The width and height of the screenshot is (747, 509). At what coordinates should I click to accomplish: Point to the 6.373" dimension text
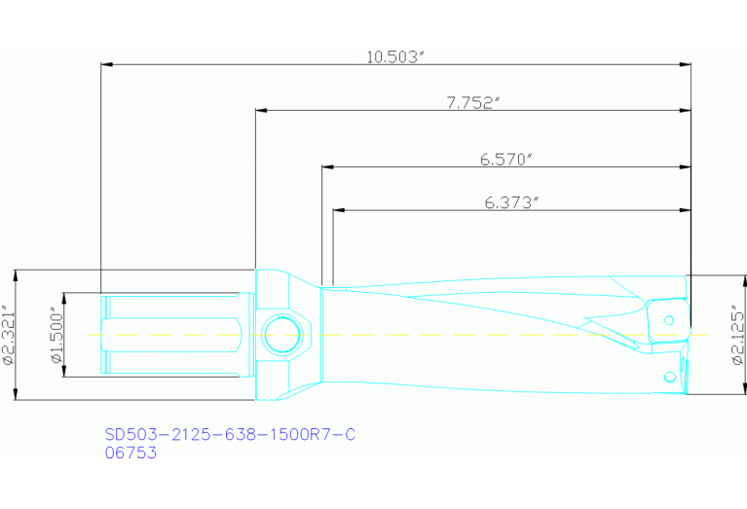click(x=511, y=202)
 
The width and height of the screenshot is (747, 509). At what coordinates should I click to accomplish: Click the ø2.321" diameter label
click(x=9, y=333)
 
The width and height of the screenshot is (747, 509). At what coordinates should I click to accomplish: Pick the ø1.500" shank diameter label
click(x=56, y=334)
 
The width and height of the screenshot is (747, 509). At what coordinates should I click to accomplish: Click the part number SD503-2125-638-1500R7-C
click(x=230, y=434)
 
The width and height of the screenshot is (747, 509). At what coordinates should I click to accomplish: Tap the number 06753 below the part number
click(x=131, y=452)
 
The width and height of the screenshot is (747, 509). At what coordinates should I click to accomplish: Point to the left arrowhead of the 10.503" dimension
click(x=107, y=65)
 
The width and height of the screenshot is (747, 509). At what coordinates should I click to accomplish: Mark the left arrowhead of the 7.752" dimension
click(x=261, y=111)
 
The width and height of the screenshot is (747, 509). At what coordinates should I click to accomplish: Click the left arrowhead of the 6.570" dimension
click(x=327, y=166)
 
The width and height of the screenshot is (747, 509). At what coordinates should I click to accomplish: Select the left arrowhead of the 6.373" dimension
click(x=339, y=210)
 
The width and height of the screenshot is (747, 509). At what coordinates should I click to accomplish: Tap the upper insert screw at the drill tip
click(x=669, y=318)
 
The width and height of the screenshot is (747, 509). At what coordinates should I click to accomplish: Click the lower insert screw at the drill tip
click(x=669, y=377)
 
